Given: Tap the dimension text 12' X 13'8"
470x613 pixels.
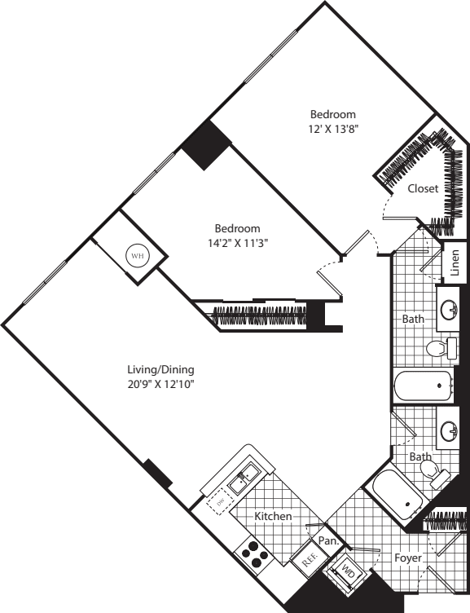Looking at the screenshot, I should click(332, 129).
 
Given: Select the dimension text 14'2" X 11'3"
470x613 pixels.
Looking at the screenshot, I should click(237, 242).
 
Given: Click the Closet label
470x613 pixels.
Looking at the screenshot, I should click(423, 188).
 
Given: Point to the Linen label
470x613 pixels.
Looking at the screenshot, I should click(455, 262).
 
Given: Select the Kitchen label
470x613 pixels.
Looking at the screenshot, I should click(273, 517).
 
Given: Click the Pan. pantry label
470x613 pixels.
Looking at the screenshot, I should click(329, 540).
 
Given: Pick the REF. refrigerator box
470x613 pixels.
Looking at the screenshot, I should click(308, 560).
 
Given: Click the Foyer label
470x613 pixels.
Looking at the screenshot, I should click(407, 558).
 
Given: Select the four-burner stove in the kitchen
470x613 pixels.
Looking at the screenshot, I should click(254, 554).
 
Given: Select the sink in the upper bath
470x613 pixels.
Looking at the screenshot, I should click(449, 309).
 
